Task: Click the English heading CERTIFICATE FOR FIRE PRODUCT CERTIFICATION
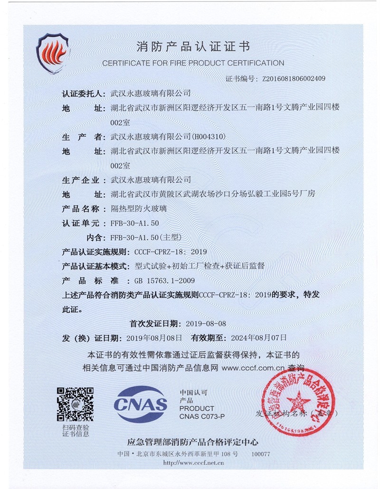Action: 193,63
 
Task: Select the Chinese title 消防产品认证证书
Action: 193,47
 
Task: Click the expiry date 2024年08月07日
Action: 259,338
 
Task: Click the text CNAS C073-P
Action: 202,416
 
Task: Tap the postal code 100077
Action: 260,454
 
